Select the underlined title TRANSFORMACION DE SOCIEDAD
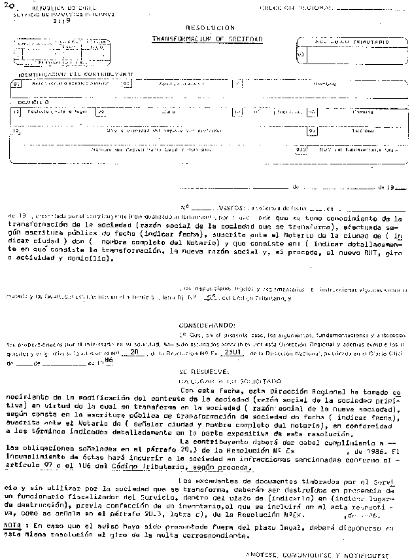tap(207, 39)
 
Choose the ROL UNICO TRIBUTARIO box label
tap(351, 39)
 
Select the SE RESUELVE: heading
tap(200, 371)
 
